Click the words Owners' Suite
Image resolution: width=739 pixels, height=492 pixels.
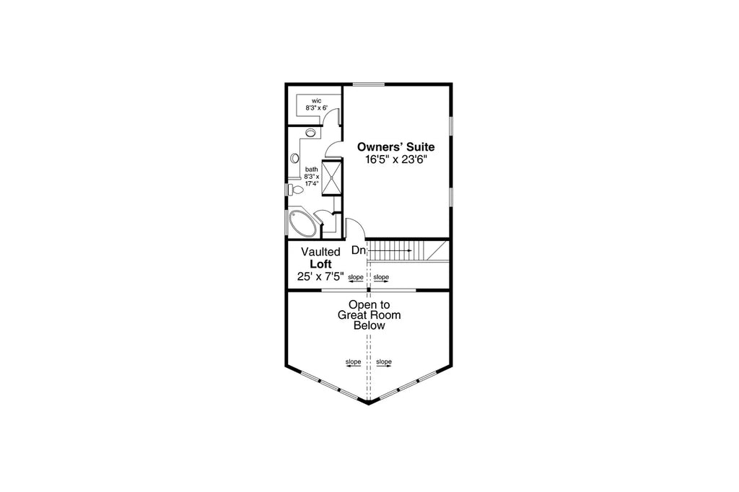click(x=396, y=146)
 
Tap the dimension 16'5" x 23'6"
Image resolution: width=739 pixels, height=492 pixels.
click(x=396, y=160)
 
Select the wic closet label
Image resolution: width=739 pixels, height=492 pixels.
click(x=316, y=100)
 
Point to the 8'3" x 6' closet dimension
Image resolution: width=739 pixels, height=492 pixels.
click(x=316, y=107)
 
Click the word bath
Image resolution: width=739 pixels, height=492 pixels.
click(x=311, y=170)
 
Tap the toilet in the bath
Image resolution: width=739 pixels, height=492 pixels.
click(x=296, y=190)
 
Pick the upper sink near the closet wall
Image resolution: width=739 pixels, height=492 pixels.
click(x=311, y=133)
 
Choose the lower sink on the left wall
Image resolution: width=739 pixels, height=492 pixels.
click(x=294, y=158)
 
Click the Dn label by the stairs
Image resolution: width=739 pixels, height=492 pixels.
click(x=359, y=251)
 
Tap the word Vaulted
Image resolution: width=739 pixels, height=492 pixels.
click(x=320, y=252)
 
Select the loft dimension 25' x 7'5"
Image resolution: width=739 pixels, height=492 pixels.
click(x=320, y=276)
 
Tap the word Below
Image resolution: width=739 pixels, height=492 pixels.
click(x=369, y=325)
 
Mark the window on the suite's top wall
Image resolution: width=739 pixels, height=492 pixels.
click(x=368, y=84)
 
